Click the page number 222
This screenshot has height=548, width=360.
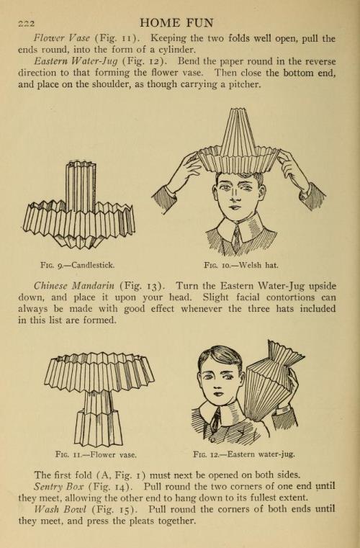27,24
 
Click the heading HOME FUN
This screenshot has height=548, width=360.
176,23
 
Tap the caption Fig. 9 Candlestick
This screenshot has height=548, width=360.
77,265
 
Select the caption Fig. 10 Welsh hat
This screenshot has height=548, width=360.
241,265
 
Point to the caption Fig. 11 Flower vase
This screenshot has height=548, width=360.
96,454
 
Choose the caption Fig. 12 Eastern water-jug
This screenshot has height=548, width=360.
244,454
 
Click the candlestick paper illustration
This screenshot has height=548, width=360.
79,205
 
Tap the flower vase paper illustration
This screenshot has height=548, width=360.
99,399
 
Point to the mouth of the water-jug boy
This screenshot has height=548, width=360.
218,393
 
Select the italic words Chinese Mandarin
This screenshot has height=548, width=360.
74,286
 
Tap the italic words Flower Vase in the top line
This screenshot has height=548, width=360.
62,38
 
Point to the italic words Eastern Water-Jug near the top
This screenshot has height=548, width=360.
76,61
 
